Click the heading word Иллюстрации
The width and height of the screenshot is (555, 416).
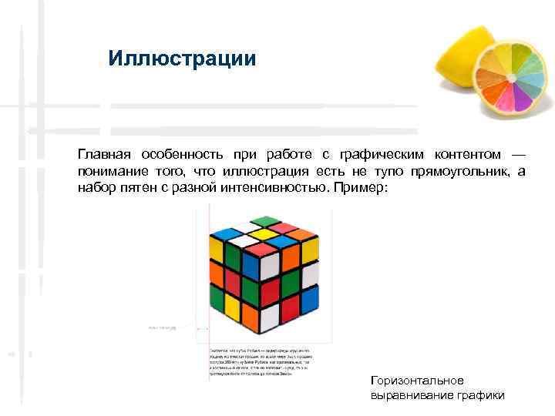[x=182, y=59]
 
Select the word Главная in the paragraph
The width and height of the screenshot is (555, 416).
[x=103, y=155]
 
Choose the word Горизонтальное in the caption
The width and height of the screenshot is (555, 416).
[x=417, y=381]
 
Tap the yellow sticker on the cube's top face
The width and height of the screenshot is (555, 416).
[x=264, y=234]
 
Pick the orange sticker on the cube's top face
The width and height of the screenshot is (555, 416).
[x=300, y=234]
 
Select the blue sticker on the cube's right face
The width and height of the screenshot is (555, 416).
[x=310, y=299]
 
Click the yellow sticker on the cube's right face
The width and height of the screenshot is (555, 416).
[x=310, y=250]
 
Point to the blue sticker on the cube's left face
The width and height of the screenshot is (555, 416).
[x=251, y=266]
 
